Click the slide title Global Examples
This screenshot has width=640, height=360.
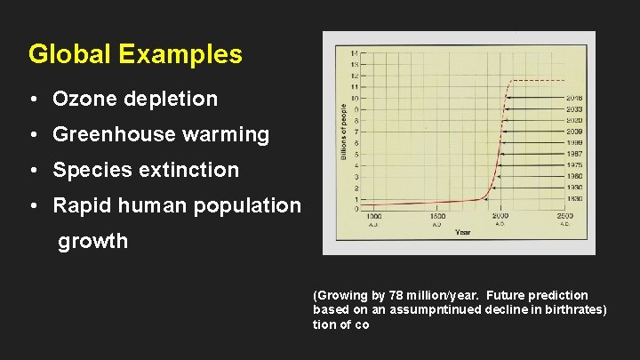[x=135, y=54]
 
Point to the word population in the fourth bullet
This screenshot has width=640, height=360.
[x=251, y=205]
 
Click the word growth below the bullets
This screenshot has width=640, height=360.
[x=92, y=241]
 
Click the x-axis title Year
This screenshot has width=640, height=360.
[x=463, y=232]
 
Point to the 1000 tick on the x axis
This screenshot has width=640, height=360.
[x=374, y=217]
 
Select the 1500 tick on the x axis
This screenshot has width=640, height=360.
[x=437, y=217]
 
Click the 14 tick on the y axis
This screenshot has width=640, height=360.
[x=356, y=53]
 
